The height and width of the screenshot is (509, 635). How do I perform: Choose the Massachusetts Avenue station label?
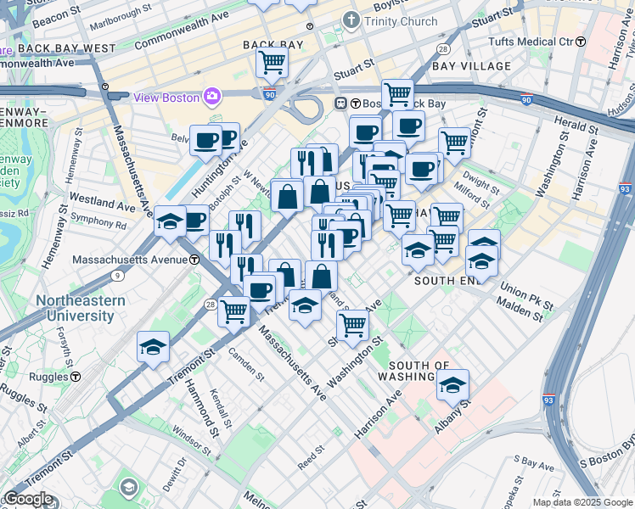(x=130, y=260)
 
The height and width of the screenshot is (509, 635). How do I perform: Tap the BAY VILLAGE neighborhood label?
(x=471, y=66)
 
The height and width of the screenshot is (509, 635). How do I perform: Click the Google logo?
(x=27, y=499)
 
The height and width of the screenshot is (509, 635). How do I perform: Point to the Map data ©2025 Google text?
(x=582, y=502)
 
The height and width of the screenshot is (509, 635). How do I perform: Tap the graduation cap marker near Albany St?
(x=453, y=386)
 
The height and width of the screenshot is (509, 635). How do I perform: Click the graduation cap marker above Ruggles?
(x=153, y=347)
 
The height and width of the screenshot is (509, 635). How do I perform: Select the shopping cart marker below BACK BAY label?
(x=272, y=61)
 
